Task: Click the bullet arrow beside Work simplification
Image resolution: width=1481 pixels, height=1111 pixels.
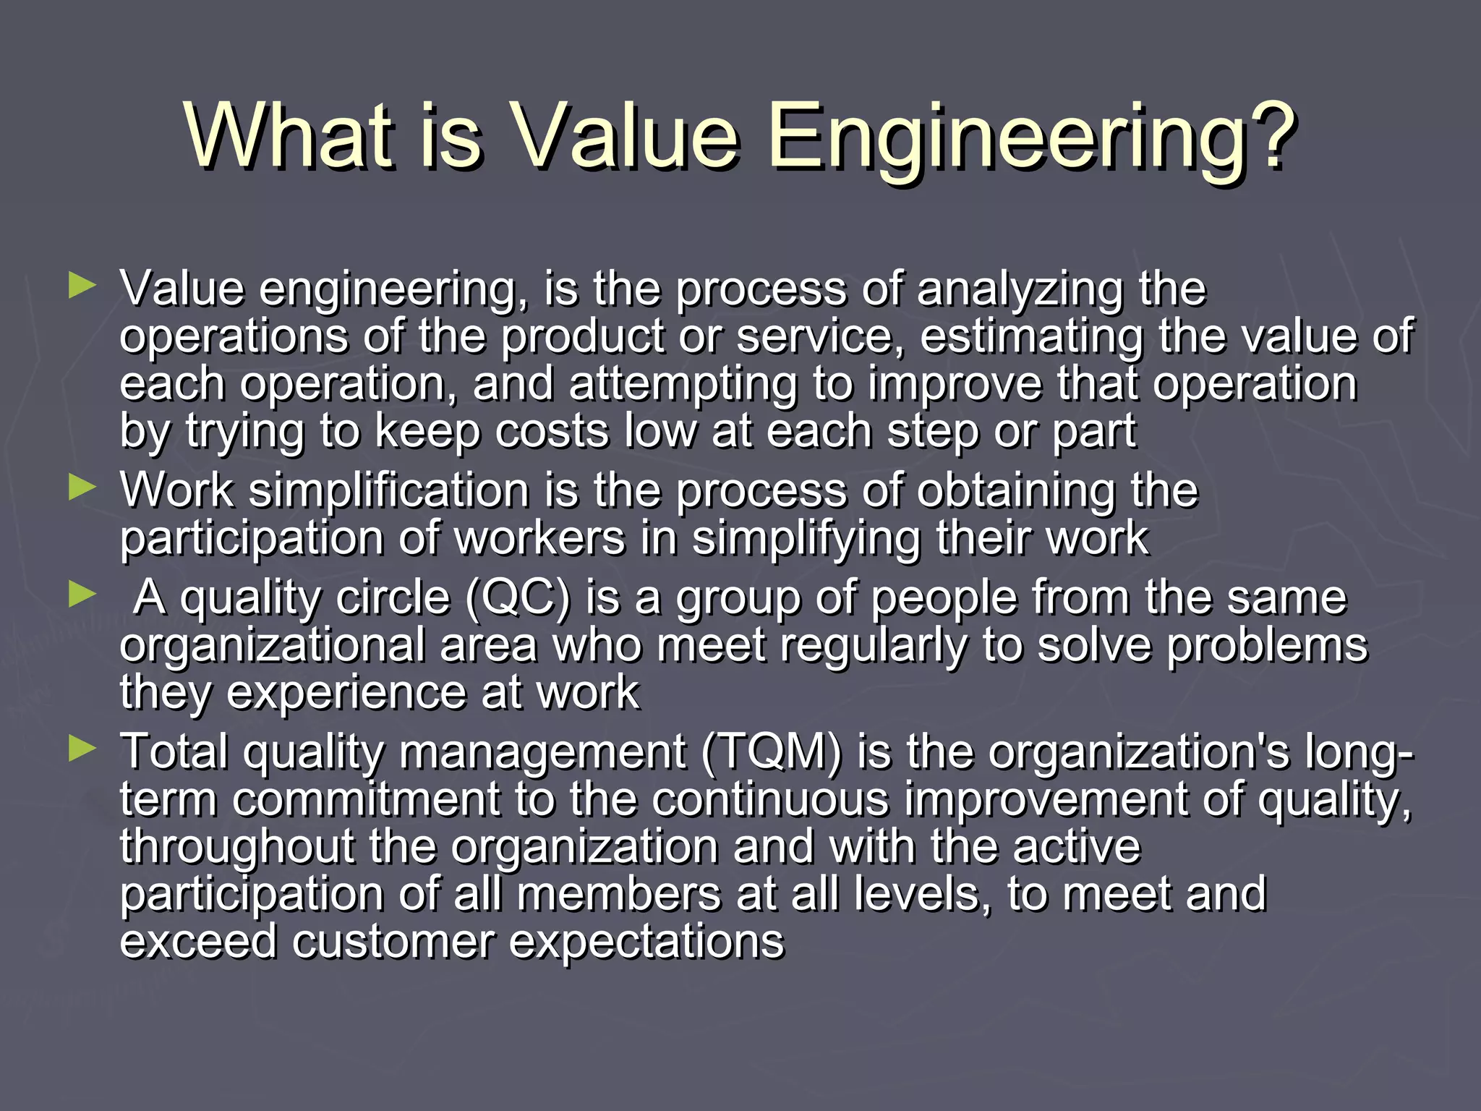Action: (x=82, y=488)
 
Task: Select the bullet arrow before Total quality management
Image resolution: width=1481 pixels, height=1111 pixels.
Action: (x=82, y=749)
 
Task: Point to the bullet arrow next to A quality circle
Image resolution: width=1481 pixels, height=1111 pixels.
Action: (x=82, y=595)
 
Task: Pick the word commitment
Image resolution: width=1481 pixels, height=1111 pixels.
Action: (x=366, y=799)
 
